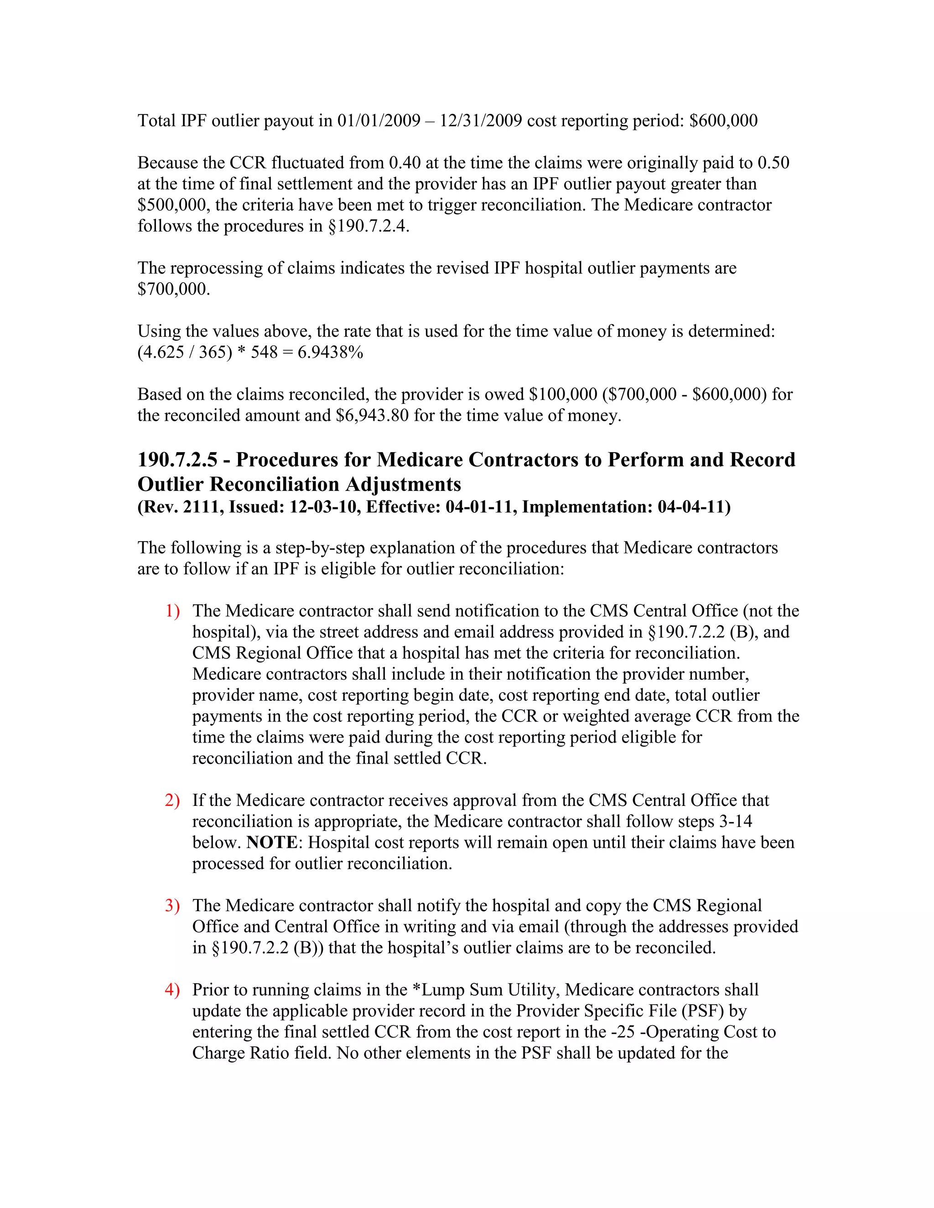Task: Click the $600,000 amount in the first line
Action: pyautogui.click(x=723, y=121)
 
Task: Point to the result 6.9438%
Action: pyautogui.click(x=330, y=352)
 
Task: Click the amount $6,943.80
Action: pyautogui.click(x=373, y=415)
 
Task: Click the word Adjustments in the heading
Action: pyautogui.click(x=403, y=485)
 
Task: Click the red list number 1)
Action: pyautogui.click(x=172, y=611)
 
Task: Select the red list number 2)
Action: pyautogui.click(x=172, y=800)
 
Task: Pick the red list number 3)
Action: pyautogui.click(x=172, y=905)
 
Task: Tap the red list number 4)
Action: pyautogui.click(x=172, y=990)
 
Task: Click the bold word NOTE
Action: pyautogui.click(x=272, y=842)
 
